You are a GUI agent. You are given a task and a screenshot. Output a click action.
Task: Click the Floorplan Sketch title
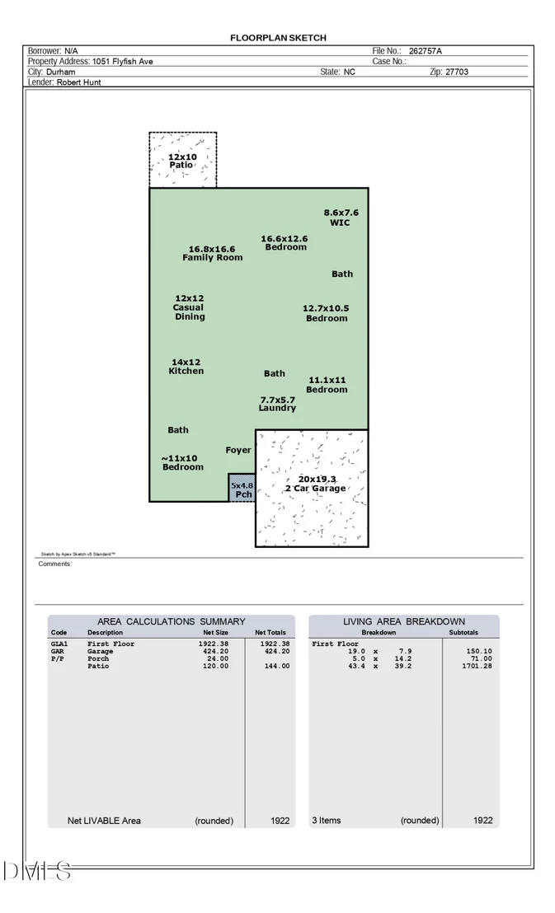point(278,38)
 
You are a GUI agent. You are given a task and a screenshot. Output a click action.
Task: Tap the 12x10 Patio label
point(182,161)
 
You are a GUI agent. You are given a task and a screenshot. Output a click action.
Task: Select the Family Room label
point(212,253)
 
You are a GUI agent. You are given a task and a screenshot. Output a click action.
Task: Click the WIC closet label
point(341,218)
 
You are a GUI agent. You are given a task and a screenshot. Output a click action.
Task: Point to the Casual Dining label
point(190,307)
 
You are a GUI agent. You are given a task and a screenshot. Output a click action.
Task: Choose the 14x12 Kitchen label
point(186,366)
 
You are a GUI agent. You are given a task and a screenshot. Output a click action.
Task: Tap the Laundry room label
point(277,404)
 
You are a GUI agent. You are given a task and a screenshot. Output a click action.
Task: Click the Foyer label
point(238,450)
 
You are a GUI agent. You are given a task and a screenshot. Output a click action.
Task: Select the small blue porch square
point(242,487)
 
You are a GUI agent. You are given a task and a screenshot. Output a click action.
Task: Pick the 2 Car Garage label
point(316,484)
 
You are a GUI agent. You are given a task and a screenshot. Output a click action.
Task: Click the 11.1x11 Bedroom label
point(327,385)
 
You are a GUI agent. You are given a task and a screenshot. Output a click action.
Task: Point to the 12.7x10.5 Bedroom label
point(326,313)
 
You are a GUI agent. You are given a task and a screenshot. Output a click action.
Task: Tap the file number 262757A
point(425,50)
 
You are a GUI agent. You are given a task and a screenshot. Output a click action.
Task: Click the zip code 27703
point(457,72)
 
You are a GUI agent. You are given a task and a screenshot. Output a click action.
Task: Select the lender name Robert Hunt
point(78,82)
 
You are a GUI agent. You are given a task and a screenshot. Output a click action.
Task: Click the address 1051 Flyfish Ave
point(122,61)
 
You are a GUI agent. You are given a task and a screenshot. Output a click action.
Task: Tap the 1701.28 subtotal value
point(477,666)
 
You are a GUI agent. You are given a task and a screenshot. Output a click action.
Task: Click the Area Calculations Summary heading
point(172,621)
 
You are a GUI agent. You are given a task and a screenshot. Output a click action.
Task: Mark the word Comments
point(54,564)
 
